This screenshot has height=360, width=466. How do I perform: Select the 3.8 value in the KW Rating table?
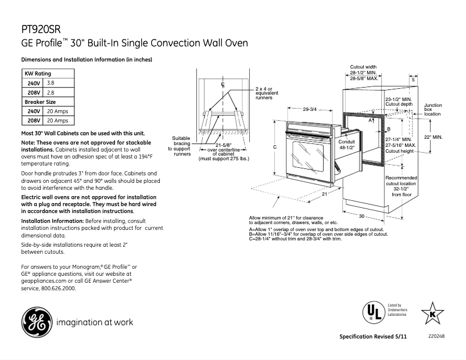click(51, 84)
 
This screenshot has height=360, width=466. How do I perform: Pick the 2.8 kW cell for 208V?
click(51, 93)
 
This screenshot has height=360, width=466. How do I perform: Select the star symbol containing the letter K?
click(432, 314)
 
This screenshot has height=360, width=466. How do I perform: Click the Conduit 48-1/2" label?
click(346, 145)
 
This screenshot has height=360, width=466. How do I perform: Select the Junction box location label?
click(433, 110)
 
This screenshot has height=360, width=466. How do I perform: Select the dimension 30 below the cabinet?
click(361, 216)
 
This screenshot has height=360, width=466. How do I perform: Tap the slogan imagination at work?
click(95, 322)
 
